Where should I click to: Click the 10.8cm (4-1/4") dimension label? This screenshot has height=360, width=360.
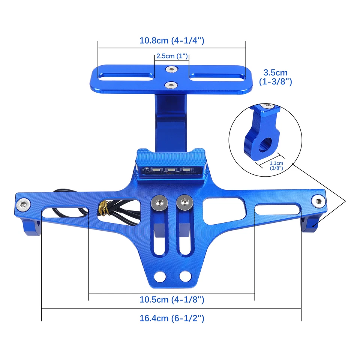coord(172,41)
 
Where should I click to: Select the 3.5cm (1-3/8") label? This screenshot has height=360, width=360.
coord(275,76)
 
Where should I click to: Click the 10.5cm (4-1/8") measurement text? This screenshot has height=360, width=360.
coord(172,300)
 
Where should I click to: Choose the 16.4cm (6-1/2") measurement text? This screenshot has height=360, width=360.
coord(172,318)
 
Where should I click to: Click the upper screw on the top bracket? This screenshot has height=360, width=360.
coord(171,69)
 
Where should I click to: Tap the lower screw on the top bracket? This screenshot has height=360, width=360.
coord(171,84)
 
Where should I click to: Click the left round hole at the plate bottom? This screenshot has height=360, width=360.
coord(161,277)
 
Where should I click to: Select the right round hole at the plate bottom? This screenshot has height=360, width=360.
coord(184,277)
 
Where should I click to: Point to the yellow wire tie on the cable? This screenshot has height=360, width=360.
coord(102,208)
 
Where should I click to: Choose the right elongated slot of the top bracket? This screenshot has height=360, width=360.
coord(217,78)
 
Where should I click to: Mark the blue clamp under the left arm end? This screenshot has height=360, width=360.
coord(32,226)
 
